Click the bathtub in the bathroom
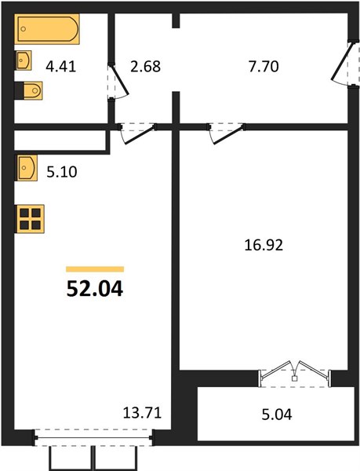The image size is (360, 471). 47,29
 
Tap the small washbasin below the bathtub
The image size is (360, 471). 24,60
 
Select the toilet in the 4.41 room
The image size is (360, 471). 29,90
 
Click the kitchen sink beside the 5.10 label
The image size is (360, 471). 27,168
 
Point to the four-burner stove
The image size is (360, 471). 31,219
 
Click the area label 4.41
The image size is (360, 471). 61,67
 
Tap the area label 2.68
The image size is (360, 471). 146,67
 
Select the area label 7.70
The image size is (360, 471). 264,67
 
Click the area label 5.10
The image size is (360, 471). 62,172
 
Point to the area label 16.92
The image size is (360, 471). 264,245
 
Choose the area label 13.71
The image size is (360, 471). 142,413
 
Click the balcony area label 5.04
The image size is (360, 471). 277,414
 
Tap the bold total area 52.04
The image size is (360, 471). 95,289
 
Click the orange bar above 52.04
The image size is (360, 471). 95,269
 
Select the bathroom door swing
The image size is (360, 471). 118,82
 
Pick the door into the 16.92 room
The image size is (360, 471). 227,133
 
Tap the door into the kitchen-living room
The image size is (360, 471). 138,133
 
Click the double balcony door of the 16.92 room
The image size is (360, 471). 295,374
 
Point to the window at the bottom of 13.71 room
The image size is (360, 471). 93,438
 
